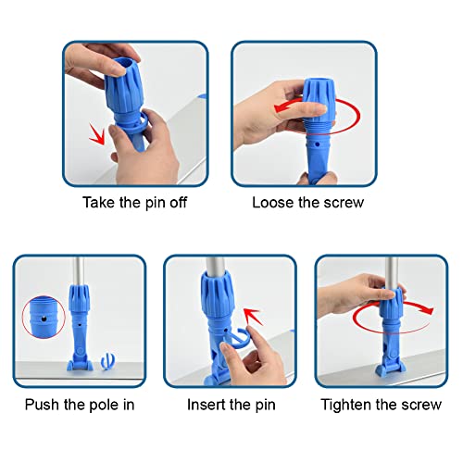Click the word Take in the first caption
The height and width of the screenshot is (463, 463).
99,202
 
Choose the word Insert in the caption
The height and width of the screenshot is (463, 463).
206,405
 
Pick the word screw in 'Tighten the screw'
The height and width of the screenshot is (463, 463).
423,405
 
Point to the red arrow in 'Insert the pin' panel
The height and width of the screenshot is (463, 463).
247,325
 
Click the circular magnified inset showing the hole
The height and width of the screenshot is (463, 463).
39,317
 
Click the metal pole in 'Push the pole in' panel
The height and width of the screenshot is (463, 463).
77,269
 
